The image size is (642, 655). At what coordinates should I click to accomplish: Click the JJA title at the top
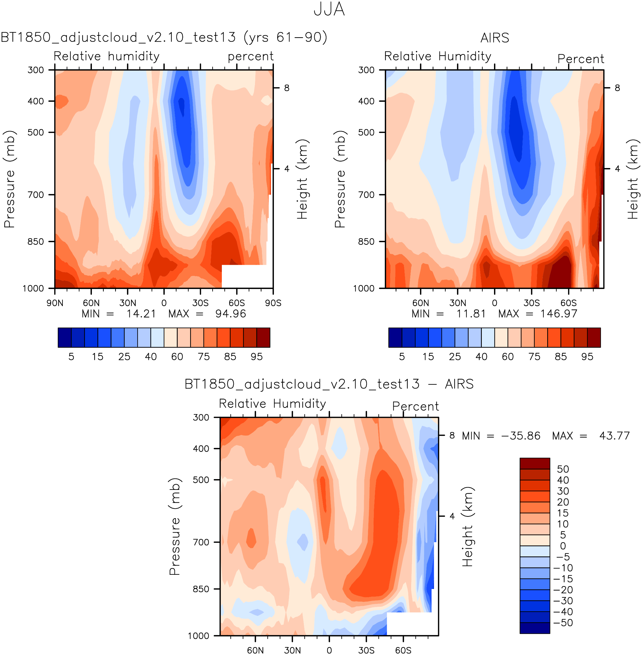pyautogui.click(x=329, y=9)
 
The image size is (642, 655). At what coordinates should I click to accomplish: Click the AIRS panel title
pyautogui.click(x=494, y=38)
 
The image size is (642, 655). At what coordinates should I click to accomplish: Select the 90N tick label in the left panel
pyautogui.click(x=55, y=303)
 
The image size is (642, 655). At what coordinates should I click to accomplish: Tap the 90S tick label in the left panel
pyautogui.click(x=273, y=303)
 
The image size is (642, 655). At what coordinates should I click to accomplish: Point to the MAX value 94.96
pyautogui.click(x=231, y=314)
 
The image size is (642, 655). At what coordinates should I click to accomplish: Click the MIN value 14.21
pyautogui.click(x=141, y=314)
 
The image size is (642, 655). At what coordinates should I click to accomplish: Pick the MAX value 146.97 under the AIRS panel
pyautogui.click(x=559, y=314)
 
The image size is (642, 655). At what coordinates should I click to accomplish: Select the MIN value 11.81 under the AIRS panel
pyautogui.click(x=471, y=314)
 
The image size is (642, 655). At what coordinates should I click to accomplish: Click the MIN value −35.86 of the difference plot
pyautogui.click(x=521, y=436)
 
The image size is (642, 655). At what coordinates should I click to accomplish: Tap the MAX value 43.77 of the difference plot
pyautogui.click(x=614, y=436)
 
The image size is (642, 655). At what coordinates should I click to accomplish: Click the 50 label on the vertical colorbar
pyautogui.click(x=563, y=469)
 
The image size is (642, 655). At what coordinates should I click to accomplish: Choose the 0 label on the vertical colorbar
pyautogui.click(x=563, y=546)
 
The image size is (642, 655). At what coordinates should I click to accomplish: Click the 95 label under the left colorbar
pyautogui.click(x=257, y=357)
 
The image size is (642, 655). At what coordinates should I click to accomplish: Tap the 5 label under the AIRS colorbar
pyautogui.click(x=402, y=357)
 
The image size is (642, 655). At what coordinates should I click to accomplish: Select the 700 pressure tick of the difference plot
pyautogui.click(x=201, y=542)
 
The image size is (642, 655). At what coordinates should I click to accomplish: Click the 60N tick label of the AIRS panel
pyautogui.click(x=420, y=303)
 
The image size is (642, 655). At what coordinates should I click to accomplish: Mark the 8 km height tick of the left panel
pyautogui.click(x=287, y=88)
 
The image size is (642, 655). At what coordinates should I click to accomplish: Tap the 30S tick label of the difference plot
pyautogui.click(x=366, y=650)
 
